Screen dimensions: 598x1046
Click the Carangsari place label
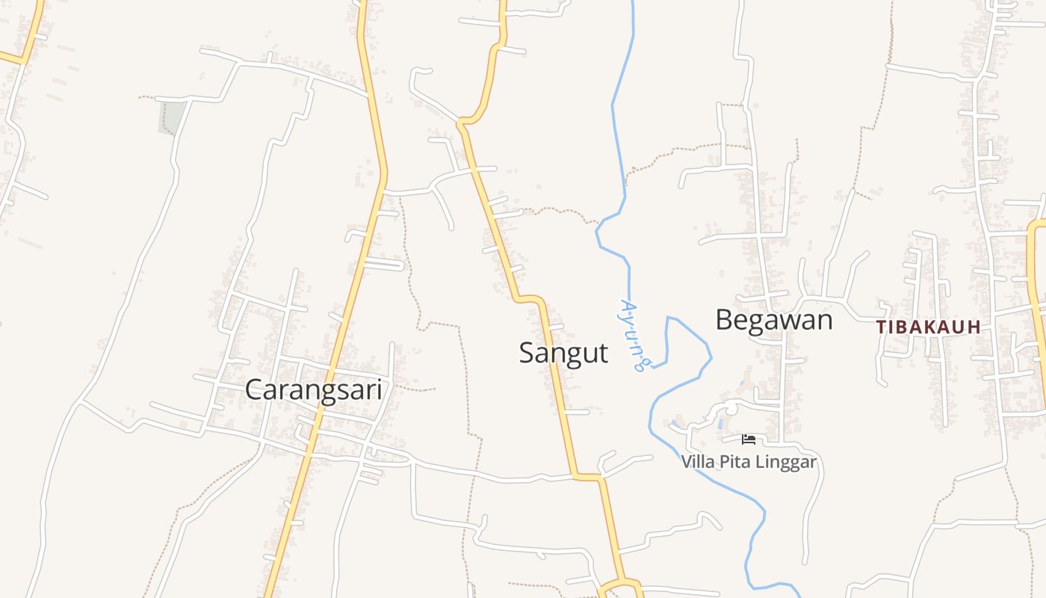click(x=313, y=389)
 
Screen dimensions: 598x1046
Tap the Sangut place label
click(x=563, y=352)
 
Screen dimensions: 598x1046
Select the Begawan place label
click(x=773, y=320)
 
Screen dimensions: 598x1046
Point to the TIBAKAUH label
click(x=928, y=327)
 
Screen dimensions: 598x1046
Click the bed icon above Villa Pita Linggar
click(x=749, y=440)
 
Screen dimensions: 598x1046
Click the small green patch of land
click(x=172, y=117)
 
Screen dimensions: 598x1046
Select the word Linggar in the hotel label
click(x=786, y=463)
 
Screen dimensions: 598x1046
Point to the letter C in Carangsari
click(x=254, y=389)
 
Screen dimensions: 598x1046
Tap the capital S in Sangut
click(x=527, y=352)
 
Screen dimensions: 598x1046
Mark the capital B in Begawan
click(x=725, y=320)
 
